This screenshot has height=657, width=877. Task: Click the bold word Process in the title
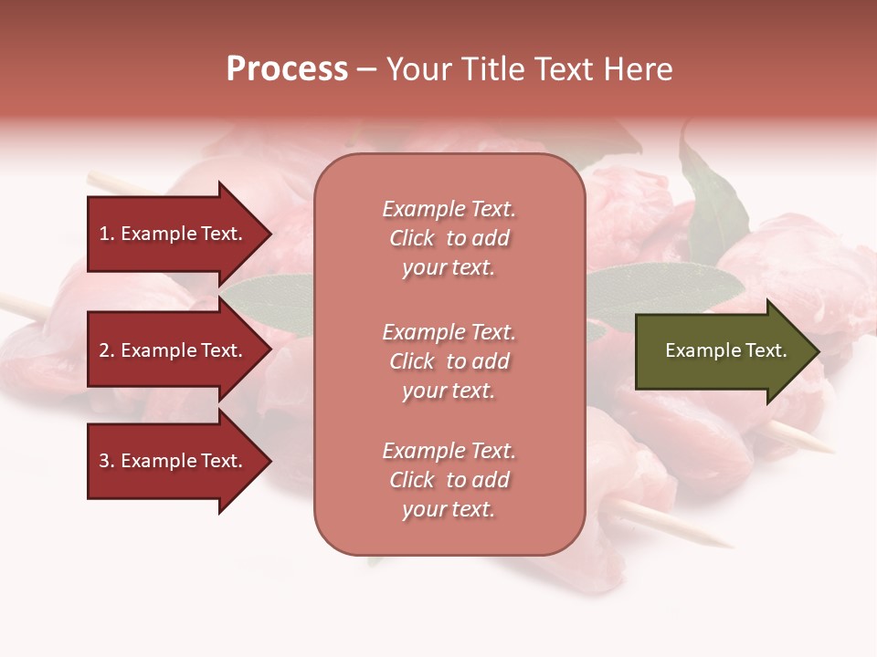287,69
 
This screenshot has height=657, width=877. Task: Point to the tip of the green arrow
819,351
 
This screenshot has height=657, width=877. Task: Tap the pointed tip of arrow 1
270,234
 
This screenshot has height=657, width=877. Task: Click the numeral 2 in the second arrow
104,350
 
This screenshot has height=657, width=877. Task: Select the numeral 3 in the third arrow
104,461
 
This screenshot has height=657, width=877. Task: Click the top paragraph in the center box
449,238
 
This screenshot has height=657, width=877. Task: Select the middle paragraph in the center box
449,361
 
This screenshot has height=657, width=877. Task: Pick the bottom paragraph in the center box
449,480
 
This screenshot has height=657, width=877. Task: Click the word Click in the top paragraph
412,238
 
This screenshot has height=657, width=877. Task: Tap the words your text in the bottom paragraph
449,510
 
